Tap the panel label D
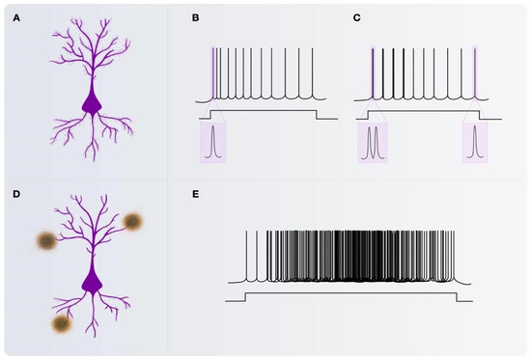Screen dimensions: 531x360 coord(14,195)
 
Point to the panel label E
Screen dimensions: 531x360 coord(196,195)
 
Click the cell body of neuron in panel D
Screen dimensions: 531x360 coord(92,281)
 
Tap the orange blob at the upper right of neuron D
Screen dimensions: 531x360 coord(132,223)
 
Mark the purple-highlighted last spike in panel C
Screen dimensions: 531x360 coord(476,72)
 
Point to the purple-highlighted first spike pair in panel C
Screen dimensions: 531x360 coord(373,72)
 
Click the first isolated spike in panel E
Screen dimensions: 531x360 coord(247,256)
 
